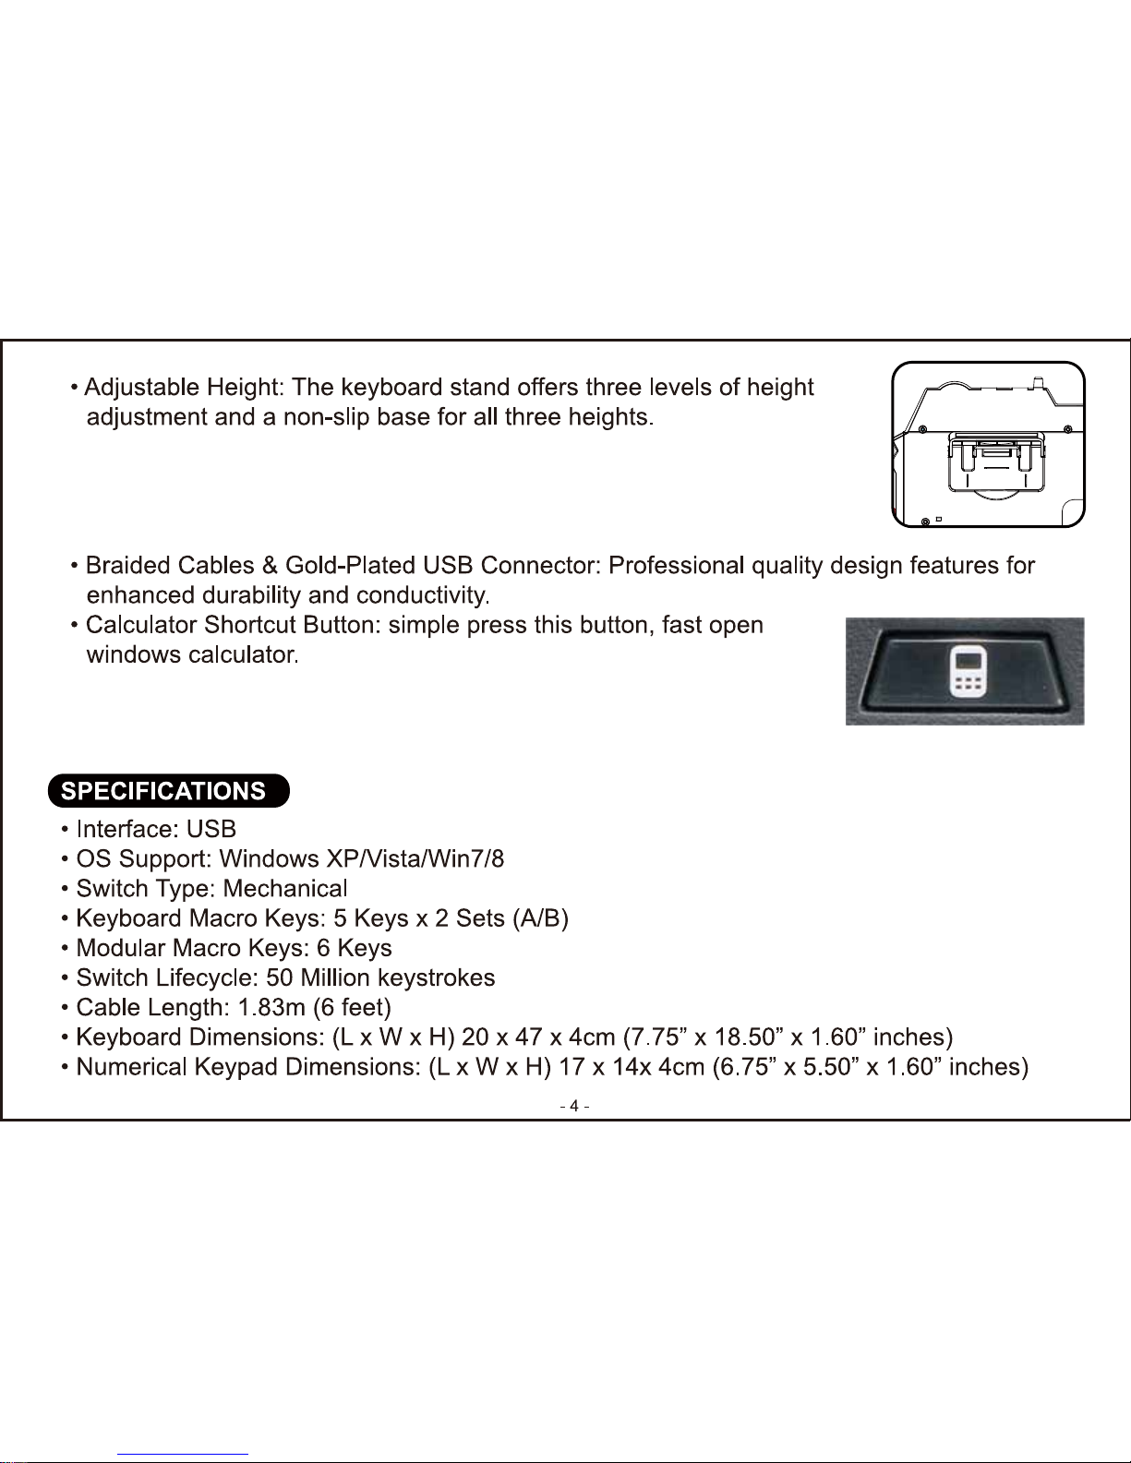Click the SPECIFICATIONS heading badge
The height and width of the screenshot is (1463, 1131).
(x=168, y=791)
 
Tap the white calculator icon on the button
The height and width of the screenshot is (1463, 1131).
(x=967, y=671)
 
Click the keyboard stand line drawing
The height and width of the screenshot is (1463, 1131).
(x=988, y=444)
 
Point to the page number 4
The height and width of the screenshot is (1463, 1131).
(x=574, y=1106)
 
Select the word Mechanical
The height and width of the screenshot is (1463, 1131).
(x=285, y=889)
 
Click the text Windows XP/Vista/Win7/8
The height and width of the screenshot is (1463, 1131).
(x=362, y=859)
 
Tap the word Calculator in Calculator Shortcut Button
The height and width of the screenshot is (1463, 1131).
(x=142, y=626)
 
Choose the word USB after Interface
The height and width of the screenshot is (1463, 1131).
(x=211, y=829)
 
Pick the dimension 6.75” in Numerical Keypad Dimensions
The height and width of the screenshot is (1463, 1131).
(x=743, y=1067)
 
